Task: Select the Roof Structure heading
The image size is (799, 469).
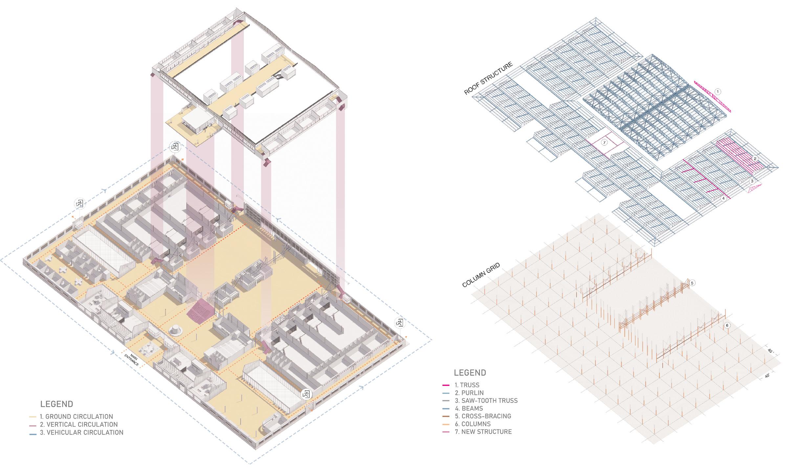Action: click(488, 78)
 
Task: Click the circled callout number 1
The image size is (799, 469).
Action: click(718, 92)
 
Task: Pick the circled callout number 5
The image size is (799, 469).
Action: click(692, 283)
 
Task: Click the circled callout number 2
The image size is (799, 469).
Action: click(755, 159)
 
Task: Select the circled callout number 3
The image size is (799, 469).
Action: click(752, 181)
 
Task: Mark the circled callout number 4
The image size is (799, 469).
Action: click(723, 198)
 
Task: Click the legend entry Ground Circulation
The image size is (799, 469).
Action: click(76, 416)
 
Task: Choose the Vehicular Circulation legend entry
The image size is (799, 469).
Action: click(81, 433)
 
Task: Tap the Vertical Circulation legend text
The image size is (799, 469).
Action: click(78, 424)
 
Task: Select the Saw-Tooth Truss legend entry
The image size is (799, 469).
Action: click(486, 400)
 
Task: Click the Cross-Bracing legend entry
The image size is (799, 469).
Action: click(483, 416)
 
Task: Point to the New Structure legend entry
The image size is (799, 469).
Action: click(483, 432)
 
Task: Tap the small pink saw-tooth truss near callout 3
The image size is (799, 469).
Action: click(755, 189)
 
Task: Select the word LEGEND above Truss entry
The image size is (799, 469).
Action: click(470, 373)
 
